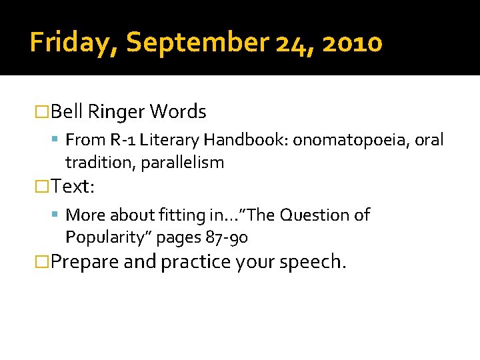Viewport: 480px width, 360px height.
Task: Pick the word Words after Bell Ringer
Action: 178,112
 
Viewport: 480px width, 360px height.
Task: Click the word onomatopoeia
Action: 352,140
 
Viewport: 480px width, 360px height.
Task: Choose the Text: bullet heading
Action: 73,187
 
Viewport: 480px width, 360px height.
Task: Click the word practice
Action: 195,262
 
